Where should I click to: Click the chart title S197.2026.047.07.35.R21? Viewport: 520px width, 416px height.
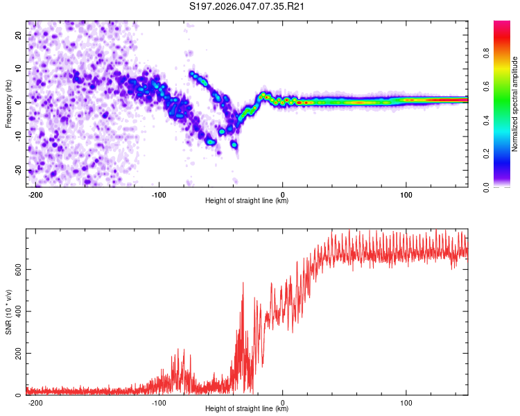coord(248,7)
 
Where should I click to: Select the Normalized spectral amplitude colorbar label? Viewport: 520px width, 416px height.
coord(514,104)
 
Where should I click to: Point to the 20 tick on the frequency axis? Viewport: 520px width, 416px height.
coord(19,35)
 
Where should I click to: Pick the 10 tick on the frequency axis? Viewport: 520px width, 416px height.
coord(19,69)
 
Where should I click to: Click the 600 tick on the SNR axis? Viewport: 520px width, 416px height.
coord(16,269)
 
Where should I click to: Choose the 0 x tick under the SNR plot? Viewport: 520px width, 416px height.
coord(283,402)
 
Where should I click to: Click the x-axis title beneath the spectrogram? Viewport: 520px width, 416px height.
coord(247,201)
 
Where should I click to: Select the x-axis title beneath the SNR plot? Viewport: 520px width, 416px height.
coord(247,410)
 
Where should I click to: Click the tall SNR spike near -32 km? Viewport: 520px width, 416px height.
coord(243,284)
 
